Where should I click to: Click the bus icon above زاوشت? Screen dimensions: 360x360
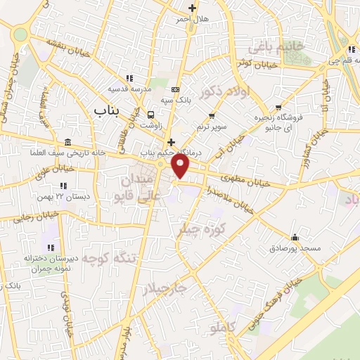coord(150,115)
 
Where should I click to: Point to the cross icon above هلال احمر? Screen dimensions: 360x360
coord(192,8)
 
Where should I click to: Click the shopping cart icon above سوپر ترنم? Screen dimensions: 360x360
coord(212,115)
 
